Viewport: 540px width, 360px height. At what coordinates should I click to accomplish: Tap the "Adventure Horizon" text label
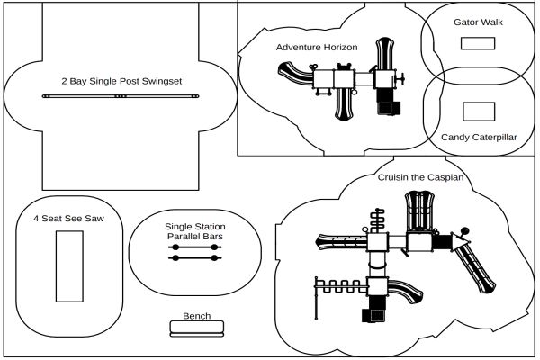(317, 47)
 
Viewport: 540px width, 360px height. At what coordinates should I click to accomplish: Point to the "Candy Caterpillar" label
(479, 138)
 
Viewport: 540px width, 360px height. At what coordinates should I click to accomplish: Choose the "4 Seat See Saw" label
(66, 218)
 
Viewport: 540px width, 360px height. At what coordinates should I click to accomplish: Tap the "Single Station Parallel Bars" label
(195, 231)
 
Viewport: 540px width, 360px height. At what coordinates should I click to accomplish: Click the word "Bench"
(196, 316)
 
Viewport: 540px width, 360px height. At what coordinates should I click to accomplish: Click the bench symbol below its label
(196, 328)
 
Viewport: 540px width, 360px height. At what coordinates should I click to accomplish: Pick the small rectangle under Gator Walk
(477, 46)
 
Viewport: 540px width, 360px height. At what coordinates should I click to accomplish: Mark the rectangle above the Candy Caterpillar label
(478, 112)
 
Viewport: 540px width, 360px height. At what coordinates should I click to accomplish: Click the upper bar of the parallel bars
(195, 247)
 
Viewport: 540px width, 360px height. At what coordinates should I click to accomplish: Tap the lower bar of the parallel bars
(195, 258)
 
